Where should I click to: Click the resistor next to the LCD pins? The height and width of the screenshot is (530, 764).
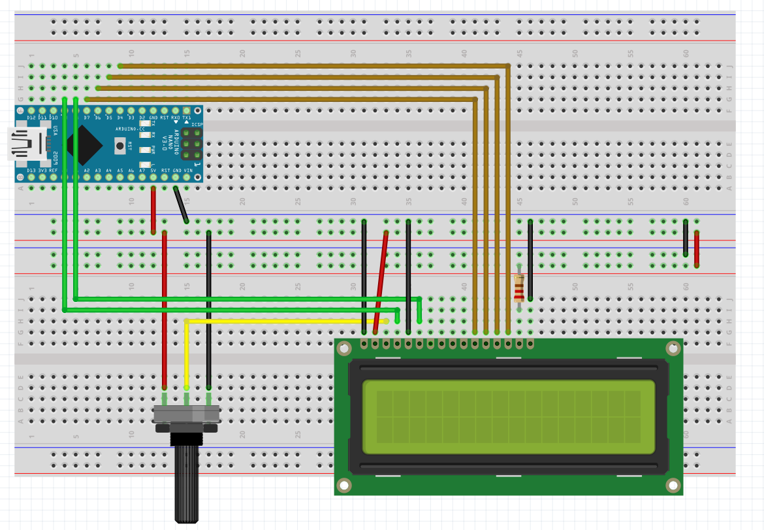519,288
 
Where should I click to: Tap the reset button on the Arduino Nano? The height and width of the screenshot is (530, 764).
120,146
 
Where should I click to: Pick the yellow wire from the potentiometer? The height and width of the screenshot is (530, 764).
187,353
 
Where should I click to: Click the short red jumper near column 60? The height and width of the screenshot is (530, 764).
697,249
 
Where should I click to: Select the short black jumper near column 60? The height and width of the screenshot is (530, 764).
686,238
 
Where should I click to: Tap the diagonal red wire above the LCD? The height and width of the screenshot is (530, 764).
381,281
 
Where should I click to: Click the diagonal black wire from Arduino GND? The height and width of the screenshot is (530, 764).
181,204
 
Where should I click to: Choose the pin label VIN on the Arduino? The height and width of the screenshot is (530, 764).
188,171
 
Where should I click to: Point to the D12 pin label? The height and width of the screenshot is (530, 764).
31,118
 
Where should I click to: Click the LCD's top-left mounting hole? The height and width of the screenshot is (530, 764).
344,349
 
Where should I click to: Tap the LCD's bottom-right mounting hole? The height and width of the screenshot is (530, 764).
673,485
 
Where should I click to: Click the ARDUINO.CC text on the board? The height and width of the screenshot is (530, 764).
130,129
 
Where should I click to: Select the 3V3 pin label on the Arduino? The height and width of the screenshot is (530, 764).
42,171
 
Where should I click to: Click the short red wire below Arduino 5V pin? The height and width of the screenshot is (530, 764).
153,209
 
